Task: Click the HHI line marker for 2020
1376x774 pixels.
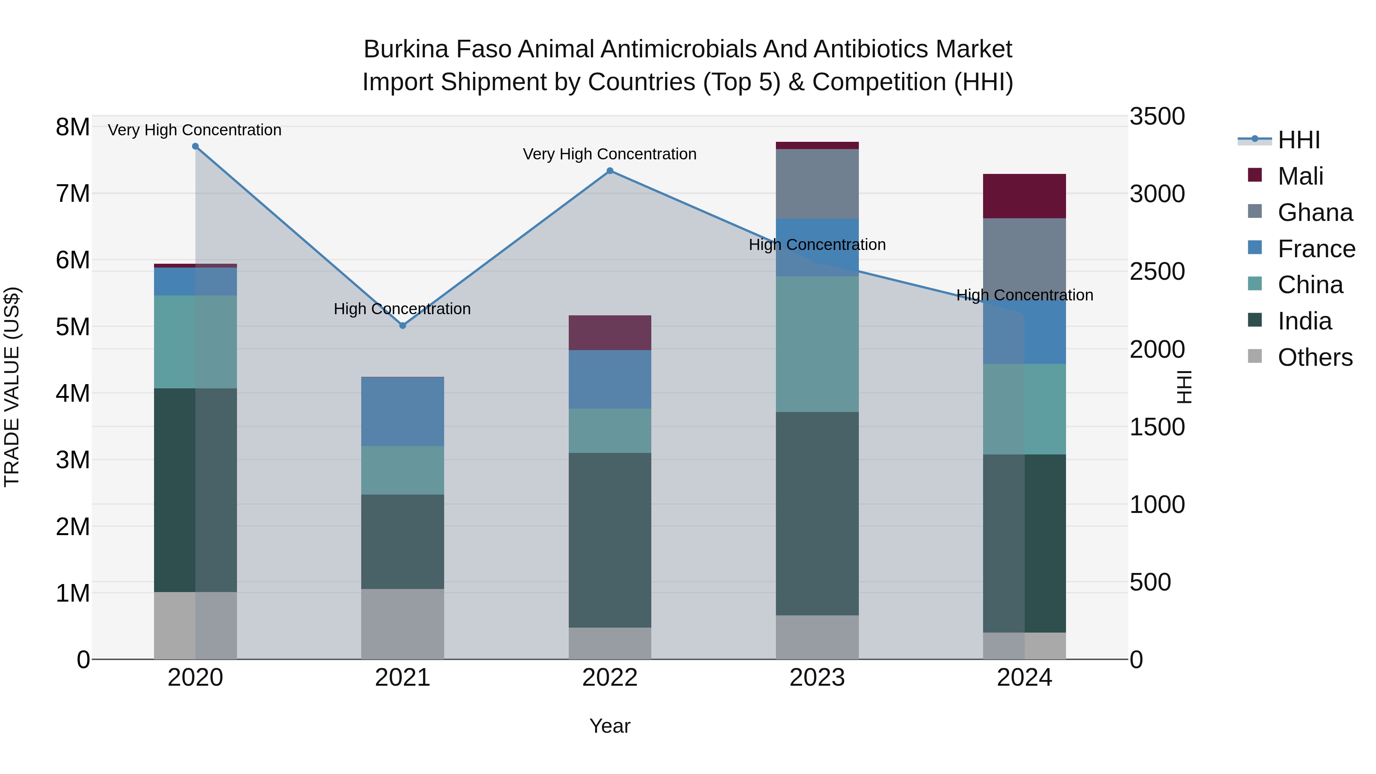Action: (195, 146)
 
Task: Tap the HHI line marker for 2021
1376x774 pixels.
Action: (403, 325)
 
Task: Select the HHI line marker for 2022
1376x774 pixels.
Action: (610, 171)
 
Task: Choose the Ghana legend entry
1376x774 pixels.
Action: (1314, 213)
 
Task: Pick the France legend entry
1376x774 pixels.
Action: (1316, 249)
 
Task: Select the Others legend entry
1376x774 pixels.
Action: (1314, 357)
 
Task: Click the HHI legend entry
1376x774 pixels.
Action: (1298, 140)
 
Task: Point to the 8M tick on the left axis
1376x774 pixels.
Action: (73, 127)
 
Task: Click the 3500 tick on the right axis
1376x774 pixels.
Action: (1157, 117)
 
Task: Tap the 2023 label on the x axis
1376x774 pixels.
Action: (817, 678)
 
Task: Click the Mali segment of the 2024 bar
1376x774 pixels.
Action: (1024, 196)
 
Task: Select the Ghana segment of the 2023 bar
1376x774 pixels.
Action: (817, 184)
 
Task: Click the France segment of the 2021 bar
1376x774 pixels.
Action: (403, 411)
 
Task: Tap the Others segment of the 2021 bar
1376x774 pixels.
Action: (403, 624)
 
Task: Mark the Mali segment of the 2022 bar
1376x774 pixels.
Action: (610, 333)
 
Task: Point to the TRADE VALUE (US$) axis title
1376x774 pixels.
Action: (12, 387)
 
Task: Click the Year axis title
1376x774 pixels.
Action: (610, 726)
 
